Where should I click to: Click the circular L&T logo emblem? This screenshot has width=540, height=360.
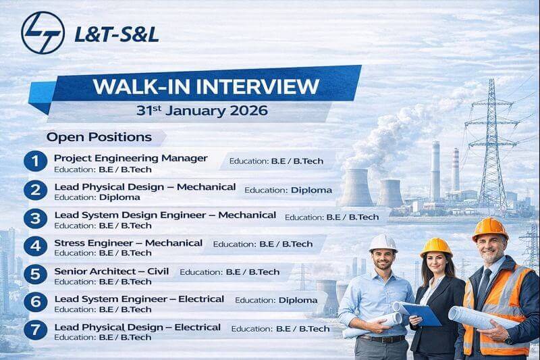tap(43, 32)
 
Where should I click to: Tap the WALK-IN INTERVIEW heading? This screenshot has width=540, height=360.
tap(206, 86)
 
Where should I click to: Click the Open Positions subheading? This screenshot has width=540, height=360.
tap(99, 137)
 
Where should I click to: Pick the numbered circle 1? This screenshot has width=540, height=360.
tap(34, 161)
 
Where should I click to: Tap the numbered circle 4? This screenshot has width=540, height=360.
tap(34, 247)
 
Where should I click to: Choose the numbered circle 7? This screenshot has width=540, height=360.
tap(34, 331)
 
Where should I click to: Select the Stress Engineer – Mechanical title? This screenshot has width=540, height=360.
tap(128, 242)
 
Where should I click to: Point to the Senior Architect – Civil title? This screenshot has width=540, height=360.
tap(112, 271)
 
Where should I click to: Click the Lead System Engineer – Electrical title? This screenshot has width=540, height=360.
tap(139, 299)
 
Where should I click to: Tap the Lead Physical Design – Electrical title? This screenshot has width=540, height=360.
tap(137, 327)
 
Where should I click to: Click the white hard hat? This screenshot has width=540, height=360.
tap(383, 242)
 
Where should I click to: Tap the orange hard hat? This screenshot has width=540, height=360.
tap(490, 228)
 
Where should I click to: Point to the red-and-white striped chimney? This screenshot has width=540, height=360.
tap(456, 169)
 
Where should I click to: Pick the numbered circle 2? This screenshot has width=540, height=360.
tap(34, 190)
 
